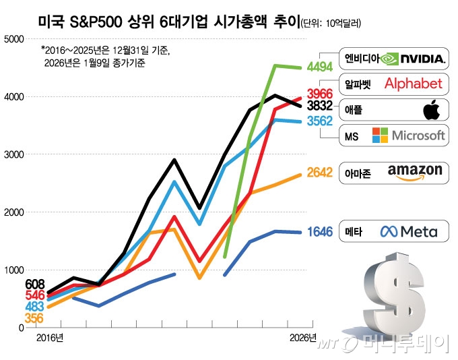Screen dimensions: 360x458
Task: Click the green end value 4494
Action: click(x=320, y=66)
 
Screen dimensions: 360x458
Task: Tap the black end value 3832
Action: click(x=320, y=106)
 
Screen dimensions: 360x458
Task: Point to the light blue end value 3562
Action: click(x=320, y=121)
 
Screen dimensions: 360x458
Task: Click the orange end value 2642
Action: click(x=320, y=173)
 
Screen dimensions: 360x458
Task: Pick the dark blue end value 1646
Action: click(x=320, y=232)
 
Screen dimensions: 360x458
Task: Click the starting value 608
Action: click(x=34, y=284)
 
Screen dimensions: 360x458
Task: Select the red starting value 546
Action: click(x=34, y=295)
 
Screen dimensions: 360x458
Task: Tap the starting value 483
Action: click(x=34, y=306)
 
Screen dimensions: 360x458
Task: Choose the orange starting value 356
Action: click(x=34, y=318)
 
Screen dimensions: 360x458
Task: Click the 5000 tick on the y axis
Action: click(x=13, y=39)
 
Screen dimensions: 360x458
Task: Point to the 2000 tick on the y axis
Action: click(x=13, y=212)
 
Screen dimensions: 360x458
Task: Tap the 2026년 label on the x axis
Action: click(x=302, y=337)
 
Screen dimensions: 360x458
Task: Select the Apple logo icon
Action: click(x=430, y=109)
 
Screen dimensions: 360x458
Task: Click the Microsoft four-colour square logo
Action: click(x=381, y=136)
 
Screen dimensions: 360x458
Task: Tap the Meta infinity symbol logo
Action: click(x=390, y=232)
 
